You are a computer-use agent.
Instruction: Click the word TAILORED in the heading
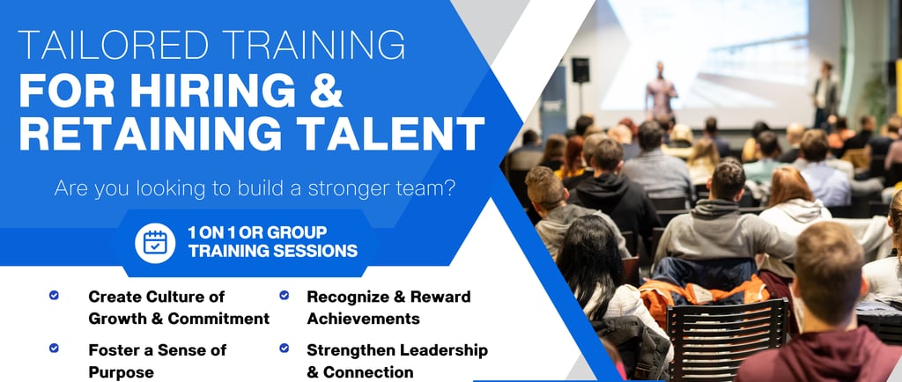pyautogui.click(x=114, y=44)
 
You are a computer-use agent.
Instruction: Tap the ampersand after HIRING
pyautogui.click(x=326, y=90)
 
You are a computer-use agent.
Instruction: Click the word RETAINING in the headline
pyautogui.click(x=157, y=133)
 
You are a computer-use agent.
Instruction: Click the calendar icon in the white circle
pyautogui.click(x=155, y=243)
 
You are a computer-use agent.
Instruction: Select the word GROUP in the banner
pyautogui.click(x=298, y=232)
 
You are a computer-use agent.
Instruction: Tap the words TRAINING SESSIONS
pyautogui.click(x=273, y=251)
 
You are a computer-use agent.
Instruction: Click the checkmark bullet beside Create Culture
pyautogui.click(x=54, y=295)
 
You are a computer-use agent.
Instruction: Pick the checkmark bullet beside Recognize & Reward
pyautogui.click(x=285, y=295)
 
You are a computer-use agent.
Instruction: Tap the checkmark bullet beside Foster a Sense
pyautogui.click(x=54, y=348)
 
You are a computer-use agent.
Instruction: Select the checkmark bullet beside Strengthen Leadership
pyautogui.click(x=285, y=348)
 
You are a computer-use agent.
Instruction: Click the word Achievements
pyautogui.click(x=363, y=319)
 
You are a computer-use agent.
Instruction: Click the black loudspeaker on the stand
pyautogui.click(x=580, y=70)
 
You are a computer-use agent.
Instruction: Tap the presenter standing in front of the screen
pyautogui.click(x=661, y=91)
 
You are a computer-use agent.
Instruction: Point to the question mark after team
pyautogui.click(x=449, y=187)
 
